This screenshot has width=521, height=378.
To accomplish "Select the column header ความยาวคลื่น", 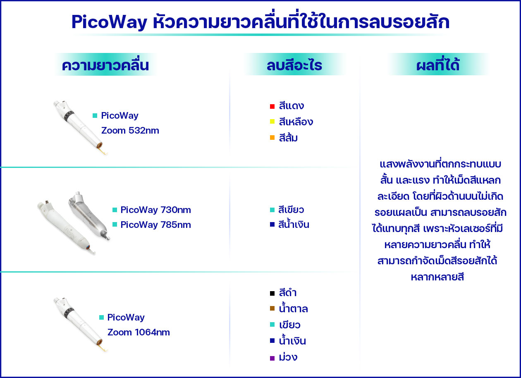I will coord(105,65).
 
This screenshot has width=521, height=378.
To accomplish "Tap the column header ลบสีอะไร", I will coord(294,65).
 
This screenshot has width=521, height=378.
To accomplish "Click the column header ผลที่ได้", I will coord(438,65).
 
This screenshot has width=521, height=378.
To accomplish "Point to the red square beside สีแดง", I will coord(272,107).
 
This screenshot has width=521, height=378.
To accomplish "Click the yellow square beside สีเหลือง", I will coord(272,122).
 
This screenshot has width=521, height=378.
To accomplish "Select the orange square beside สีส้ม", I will coord(272,138).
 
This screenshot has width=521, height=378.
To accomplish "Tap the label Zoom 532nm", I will coord(130,131).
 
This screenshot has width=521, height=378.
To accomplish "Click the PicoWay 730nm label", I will coord(155,210).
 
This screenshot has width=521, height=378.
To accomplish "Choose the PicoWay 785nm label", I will coord(155,225).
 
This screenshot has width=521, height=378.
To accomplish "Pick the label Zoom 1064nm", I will coord(138,333).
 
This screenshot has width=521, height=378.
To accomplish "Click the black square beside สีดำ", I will coord(272,293).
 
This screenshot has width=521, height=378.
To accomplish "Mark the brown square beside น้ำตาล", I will coord(272,309).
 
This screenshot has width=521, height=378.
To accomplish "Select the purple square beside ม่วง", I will coord(272,358).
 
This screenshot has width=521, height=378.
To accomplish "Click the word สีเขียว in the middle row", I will coord(292,210).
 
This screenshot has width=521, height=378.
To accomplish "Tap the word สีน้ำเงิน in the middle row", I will coord(294,225).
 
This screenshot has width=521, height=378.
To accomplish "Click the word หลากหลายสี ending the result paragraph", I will coord(437,277).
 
